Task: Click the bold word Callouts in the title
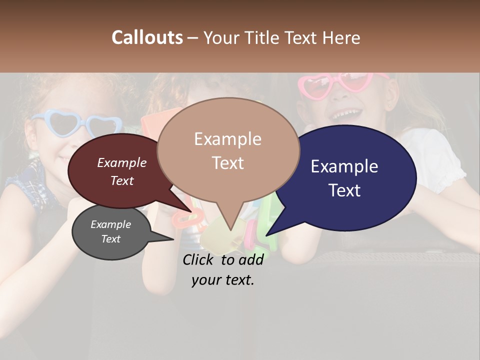(x=147, y=37)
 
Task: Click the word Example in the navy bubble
(x=344, y=166)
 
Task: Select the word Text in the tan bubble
(x=228, y=163)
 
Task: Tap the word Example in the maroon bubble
(x=122, y=162)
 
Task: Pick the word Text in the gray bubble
(x=111, y=239)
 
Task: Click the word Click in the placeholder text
(x=199, y=259)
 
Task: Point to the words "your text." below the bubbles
(x=223, y=280)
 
